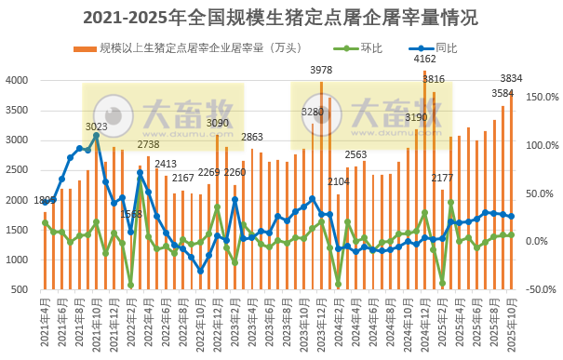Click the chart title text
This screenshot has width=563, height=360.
tap(282, 17)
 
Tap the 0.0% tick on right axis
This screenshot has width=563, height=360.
tap(543, 241)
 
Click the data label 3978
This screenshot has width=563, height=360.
tap(321, 71)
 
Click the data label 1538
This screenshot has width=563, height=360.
tap(131, 215)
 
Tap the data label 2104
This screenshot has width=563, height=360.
tap(339, 182)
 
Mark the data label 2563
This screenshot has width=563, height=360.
tap(355, 154)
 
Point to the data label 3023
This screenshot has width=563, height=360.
tap(97, 127)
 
